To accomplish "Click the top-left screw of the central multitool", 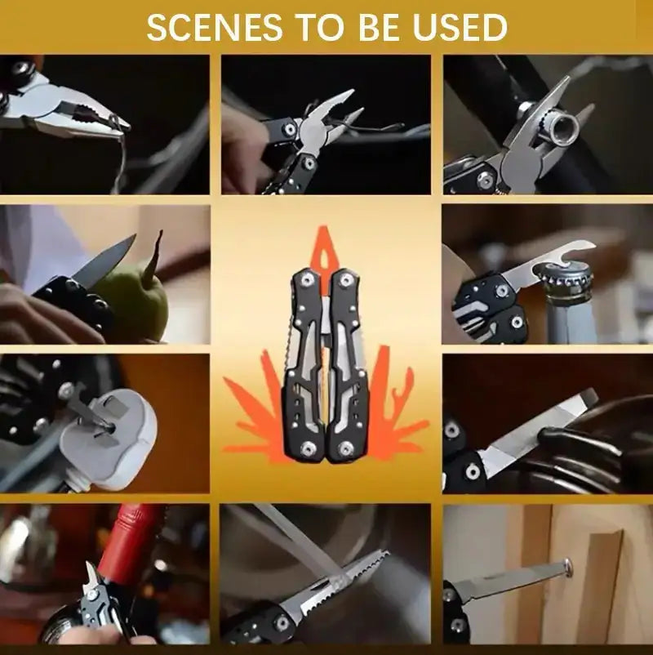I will (306, 280).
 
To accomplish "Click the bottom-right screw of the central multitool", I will (348, 448).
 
